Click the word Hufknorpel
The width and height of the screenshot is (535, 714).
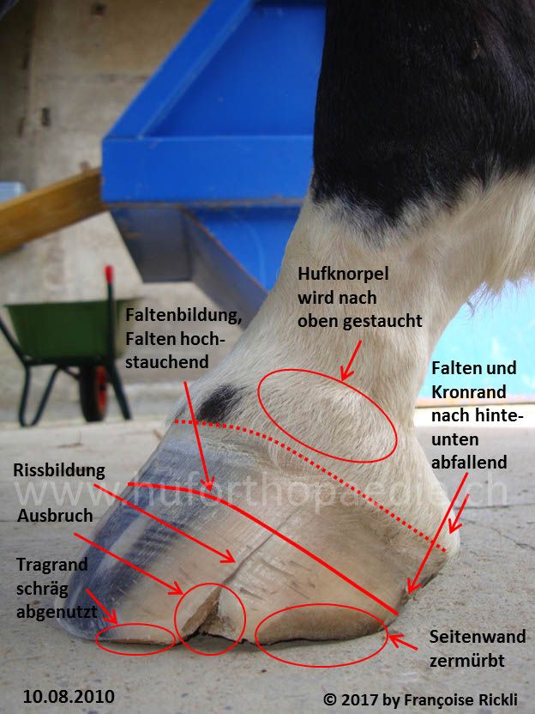pyautogui.click(x=343, y=274)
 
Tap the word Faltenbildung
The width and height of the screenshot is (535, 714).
pyautogui.click(x=183, y=315)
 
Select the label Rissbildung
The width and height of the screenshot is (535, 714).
pyautogui.click(x=59, y=470)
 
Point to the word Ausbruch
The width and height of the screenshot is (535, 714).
pyautogui.click(x=55, y=516)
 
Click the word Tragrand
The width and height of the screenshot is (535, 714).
pyautogui.click(x=51, y=566)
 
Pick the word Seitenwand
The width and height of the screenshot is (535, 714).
pyautogui.click(x=478, y=637)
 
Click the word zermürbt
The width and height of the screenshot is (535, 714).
pyautogui.click(x=466, y=661)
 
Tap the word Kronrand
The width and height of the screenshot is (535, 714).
pyautogui.click(x=469, y=392)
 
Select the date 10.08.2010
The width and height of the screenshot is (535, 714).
pyautogui.click(x=69, y=696)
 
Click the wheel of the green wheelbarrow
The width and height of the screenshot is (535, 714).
pyautogui.click(x=94, y=393)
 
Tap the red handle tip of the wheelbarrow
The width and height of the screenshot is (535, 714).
pyautogui.click(x=109, y=274)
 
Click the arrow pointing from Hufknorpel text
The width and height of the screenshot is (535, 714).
pyautogui.click(x=352, y=360)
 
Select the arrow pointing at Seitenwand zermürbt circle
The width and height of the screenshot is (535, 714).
pyautogui.click(x=403, y=642)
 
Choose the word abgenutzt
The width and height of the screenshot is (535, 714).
pyautogui.click(x=57, y=612)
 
